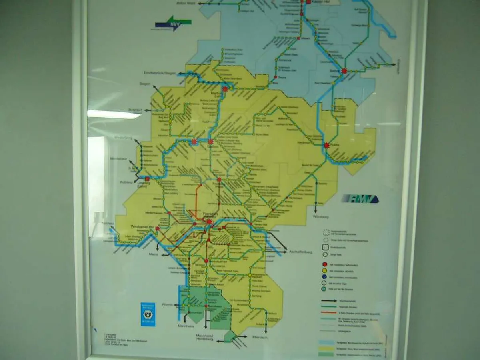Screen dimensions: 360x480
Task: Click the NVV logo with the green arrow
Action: click(174, 24)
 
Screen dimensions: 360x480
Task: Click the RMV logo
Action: click(359, 199)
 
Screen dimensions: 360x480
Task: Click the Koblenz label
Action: click(126, 182)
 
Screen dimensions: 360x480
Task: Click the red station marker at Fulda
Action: click(326, 146)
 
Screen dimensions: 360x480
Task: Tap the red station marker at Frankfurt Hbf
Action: click(209, 222)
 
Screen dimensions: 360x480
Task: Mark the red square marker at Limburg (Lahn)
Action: click(147, 179)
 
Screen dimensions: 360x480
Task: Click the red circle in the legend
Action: click(325, 264)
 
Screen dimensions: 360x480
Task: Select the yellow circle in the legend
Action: click(325, 271)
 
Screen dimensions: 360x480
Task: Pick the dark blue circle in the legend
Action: click(325, 277)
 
